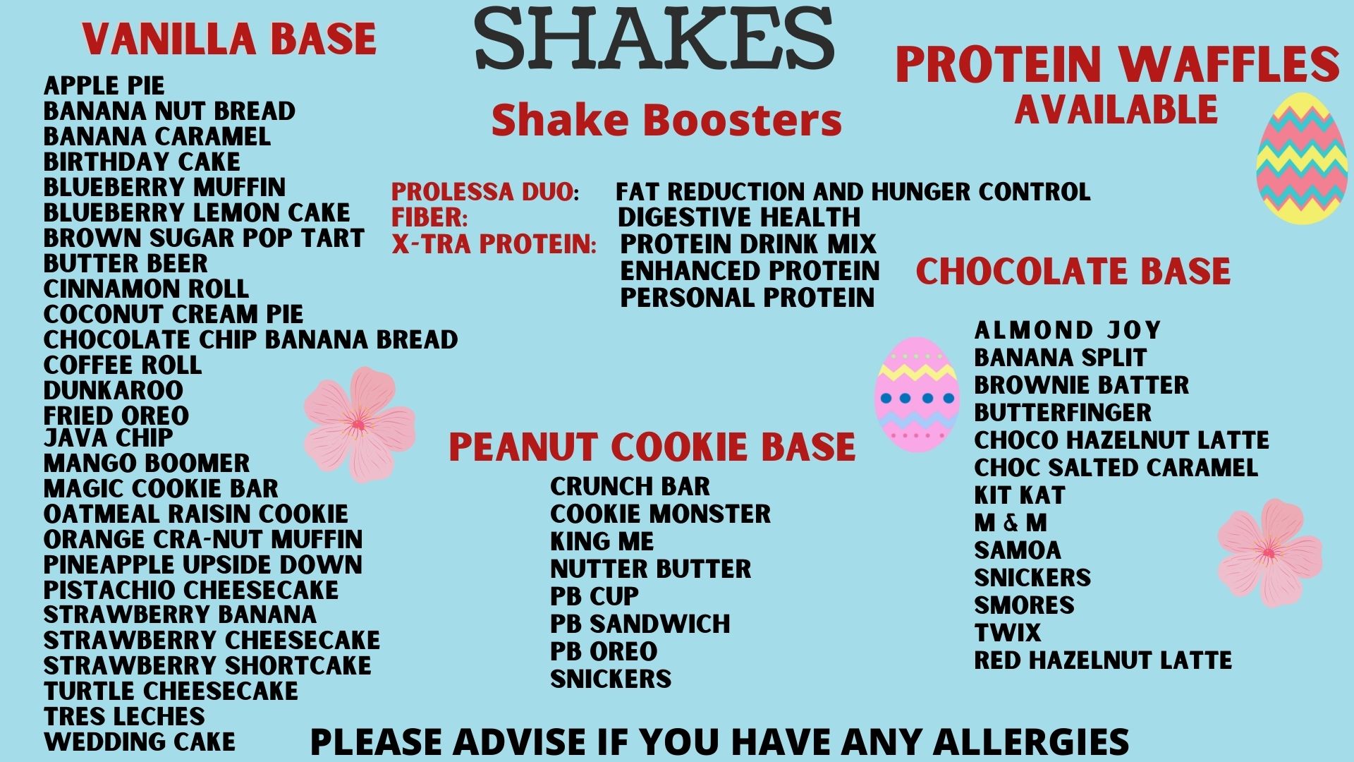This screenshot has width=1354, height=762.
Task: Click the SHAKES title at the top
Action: click(x=655, y=40)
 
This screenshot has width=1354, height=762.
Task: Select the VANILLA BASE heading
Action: click(x=229, y=39)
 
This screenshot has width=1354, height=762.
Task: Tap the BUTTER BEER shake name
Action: click(x=126, y=263)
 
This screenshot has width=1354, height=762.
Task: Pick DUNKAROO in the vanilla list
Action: click(x=114, y=390)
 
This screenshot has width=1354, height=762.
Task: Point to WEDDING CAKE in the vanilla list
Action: click(x=140, y=742)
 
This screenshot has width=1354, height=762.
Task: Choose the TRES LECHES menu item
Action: click(x=124, y=716)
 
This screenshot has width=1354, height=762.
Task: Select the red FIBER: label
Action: click(x=429, y=217)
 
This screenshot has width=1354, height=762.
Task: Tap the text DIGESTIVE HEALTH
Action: click(x=739, y=217)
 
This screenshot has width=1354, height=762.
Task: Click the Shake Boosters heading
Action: click(x=666, y=119)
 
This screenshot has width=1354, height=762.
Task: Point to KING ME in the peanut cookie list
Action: click(x=602, y=541)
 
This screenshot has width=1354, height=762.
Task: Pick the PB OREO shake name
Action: click(x=604, y=651)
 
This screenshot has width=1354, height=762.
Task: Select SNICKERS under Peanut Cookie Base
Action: click(x=611, y=679)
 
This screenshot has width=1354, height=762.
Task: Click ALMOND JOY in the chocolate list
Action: click(x=1068, y=329)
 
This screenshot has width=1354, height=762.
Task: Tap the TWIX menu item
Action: click(x=1008, y=633)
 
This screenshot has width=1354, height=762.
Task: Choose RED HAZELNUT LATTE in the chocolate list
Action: click(x=1103, y=660)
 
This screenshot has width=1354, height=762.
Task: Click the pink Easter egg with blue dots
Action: click(x=917, y=394)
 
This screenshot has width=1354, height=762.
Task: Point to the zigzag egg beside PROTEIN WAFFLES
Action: click(x=1302, y=158)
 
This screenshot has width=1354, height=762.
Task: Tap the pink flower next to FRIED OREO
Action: click(x=360, y=424)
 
